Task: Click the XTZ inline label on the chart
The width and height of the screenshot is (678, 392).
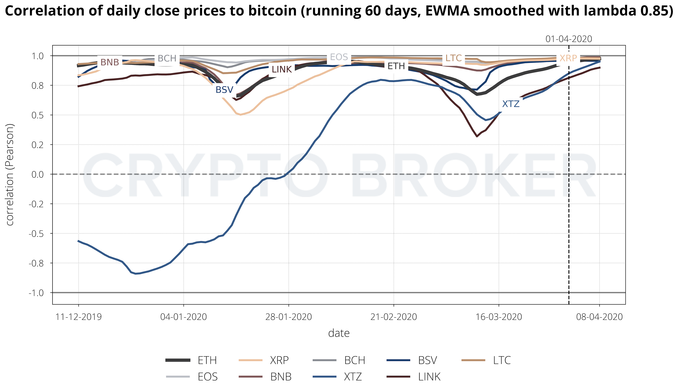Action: click(x=511, y=104)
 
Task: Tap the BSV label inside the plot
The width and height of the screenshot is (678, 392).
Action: click(x=224, y=90)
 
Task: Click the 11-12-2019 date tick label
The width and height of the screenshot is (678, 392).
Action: click(x=79, y=317)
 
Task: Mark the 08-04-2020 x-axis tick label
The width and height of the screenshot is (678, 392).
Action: click(x=599, y=317)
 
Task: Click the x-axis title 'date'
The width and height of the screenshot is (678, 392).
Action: click(x=339, y=333)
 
